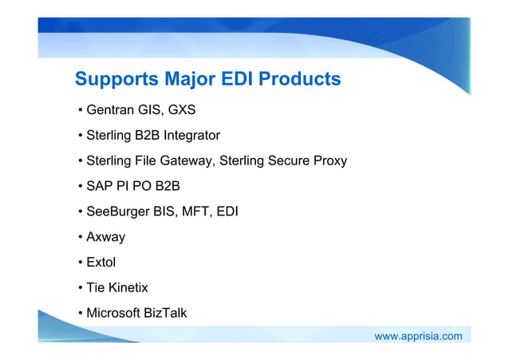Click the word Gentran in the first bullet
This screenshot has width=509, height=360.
point(110,109)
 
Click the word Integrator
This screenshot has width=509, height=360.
point(191,135)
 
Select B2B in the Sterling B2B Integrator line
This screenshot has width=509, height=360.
point(145,135)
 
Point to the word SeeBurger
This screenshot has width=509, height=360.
point(117,212)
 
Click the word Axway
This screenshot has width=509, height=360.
point(105,237)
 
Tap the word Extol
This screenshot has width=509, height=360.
point(101,262)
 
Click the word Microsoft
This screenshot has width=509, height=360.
point(113,313)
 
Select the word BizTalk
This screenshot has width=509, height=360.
point(165,313)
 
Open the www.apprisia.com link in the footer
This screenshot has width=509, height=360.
point(418,336)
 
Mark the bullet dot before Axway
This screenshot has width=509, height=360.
point(80,237)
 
